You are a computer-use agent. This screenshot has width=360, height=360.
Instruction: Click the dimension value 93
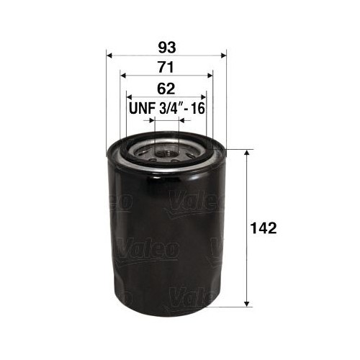tap(166, 48)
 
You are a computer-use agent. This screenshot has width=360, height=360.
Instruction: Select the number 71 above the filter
tap(166, 69)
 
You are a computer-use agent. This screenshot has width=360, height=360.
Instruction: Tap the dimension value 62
tap(166, 90)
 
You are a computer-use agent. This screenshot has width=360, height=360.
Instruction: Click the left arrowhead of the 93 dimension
tap(109, 55)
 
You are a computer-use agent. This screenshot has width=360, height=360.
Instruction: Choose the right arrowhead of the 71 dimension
tap(210, 76)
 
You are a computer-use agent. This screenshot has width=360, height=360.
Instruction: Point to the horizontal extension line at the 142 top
tap(238, 150)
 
